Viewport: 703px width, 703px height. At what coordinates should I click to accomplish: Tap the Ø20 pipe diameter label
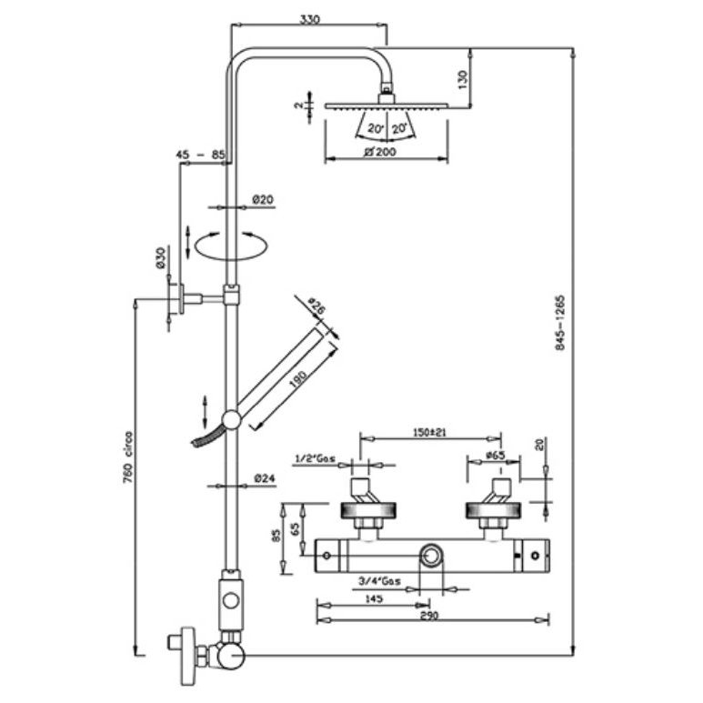click(x=264, y=199)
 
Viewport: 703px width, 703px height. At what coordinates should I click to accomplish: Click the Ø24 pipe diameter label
click(x=265, y=477)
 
